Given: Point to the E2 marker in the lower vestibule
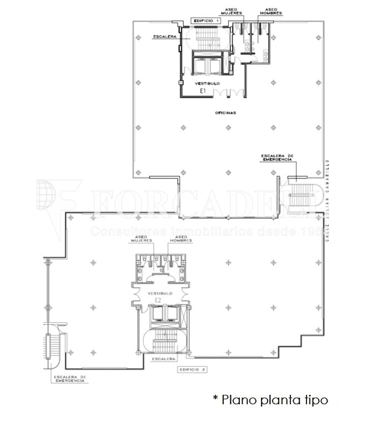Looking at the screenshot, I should [158, 301].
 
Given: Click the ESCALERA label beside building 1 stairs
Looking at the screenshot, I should [164, 37].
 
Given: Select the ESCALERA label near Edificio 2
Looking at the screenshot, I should [163, 359].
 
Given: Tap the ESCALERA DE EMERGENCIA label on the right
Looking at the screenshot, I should [276, 157].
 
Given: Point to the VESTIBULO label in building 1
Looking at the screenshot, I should [208, 83].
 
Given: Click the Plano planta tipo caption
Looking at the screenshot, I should [270, 400].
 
